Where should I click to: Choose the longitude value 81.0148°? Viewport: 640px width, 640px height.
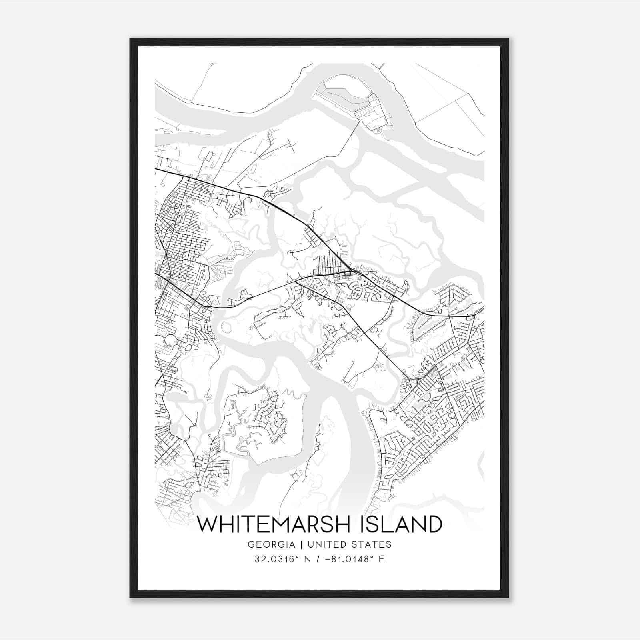click(x=351, y=559)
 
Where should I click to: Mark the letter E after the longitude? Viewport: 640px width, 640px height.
click(x=382, y=559)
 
